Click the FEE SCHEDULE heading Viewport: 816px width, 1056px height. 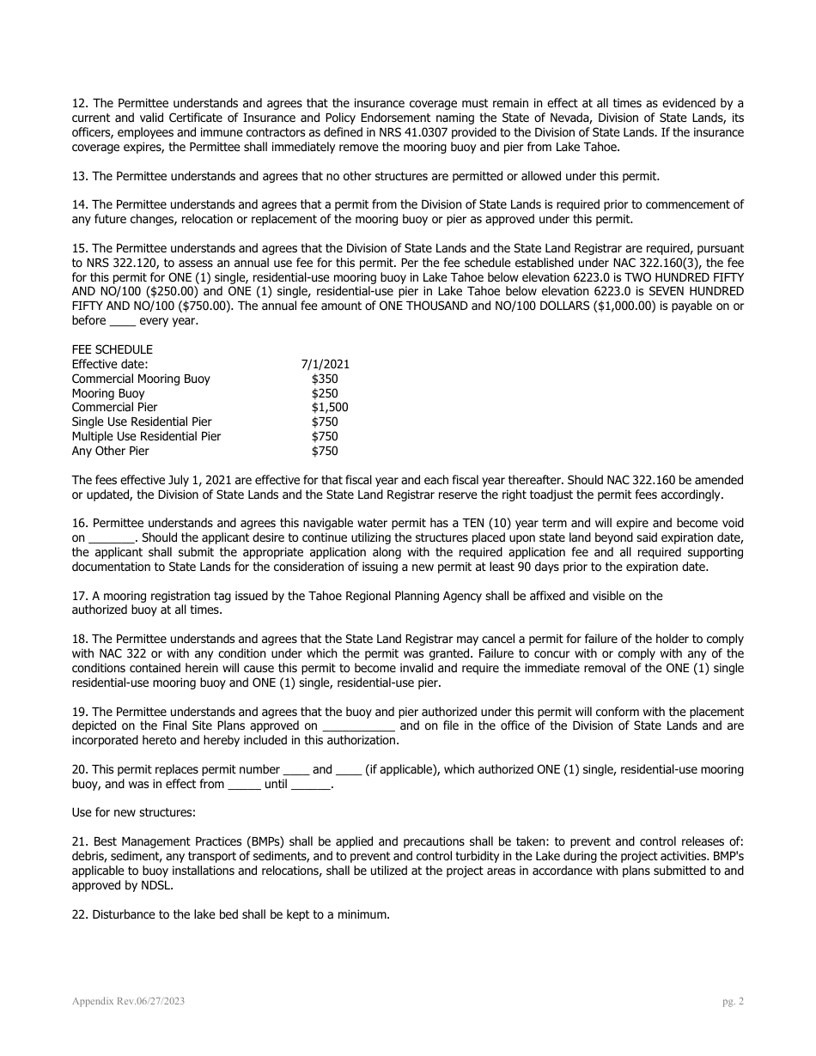click(112, 349)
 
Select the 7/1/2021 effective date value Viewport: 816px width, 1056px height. click(326, 364)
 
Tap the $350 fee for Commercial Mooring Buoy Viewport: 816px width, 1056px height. click(325, 379)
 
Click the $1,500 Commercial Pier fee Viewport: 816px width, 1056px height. click(330, 407)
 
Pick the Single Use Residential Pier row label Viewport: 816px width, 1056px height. click(142, 422)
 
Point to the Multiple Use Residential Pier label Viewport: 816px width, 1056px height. click(146, 436)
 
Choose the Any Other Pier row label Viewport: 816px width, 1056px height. click(110, 451)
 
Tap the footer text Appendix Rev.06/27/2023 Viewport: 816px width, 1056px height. click(128, 1001)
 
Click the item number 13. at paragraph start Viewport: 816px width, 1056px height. click(80, 176)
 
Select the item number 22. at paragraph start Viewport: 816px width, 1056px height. click(80, 914)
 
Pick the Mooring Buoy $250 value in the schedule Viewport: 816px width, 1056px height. click(325, 393)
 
